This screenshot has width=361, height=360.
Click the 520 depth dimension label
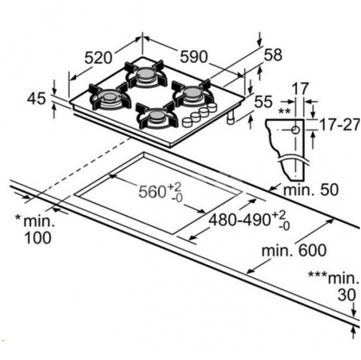tap(98, 58)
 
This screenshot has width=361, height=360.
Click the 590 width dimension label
tap(194, 57)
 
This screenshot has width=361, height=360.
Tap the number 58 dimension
tap(273, 55)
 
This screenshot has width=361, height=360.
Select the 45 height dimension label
tap(37, 98)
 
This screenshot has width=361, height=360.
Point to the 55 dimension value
tap(263, 102)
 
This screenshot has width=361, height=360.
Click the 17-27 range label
tap(340, 125)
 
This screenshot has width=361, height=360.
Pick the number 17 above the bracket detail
tap(300, 89)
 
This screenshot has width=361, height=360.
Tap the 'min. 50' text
tap(311, 190)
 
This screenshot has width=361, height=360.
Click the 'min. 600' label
tap(294, 250)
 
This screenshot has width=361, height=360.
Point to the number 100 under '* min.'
tap(38, 237)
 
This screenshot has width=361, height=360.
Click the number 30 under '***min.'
tap(347, 295)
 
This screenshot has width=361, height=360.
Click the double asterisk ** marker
tap(284, 111)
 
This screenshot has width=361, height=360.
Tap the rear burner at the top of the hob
tap(146, 74)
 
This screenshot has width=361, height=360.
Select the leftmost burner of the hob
tap(109, 97)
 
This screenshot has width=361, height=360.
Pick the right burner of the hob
tap(193, 93)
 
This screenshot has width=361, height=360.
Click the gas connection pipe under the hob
tap(230, 117)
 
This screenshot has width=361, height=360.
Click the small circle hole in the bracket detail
tap(296, 130)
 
